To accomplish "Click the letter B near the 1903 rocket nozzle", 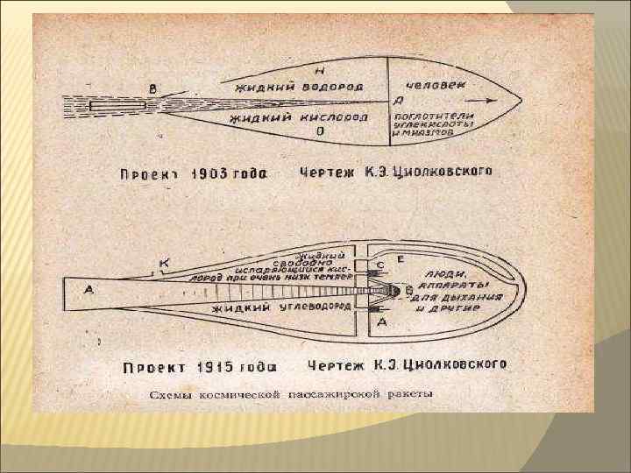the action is click(x=154, y=87).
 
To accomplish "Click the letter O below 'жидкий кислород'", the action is click(x=321, y=131).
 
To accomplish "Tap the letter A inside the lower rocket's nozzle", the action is click(x=89, y=292).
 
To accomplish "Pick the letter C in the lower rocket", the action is click(x=380, y=265).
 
